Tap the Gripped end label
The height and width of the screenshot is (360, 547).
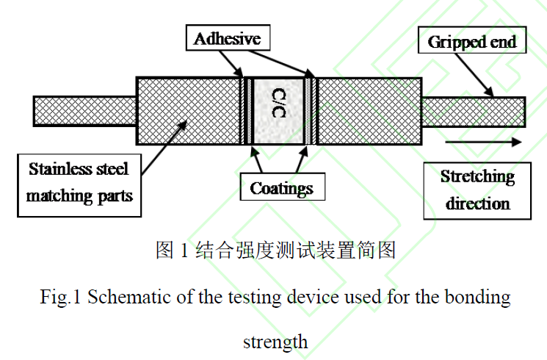coord(472,42)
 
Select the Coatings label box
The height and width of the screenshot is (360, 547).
coord(281,188)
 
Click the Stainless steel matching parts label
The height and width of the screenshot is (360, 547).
coord(78,183)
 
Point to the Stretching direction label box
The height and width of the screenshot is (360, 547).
coord(477,190)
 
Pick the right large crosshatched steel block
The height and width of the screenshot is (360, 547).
coord(369,111)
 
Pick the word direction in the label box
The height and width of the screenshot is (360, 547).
coord(477,202)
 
